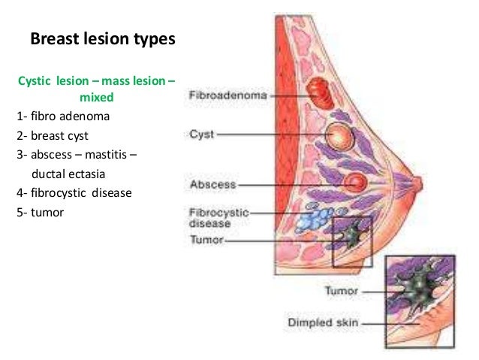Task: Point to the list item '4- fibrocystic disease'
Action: coord(74,192)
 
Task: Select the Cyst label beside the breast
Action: coord(201,135)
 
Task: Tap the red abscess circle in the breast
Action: coord(352,182)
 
